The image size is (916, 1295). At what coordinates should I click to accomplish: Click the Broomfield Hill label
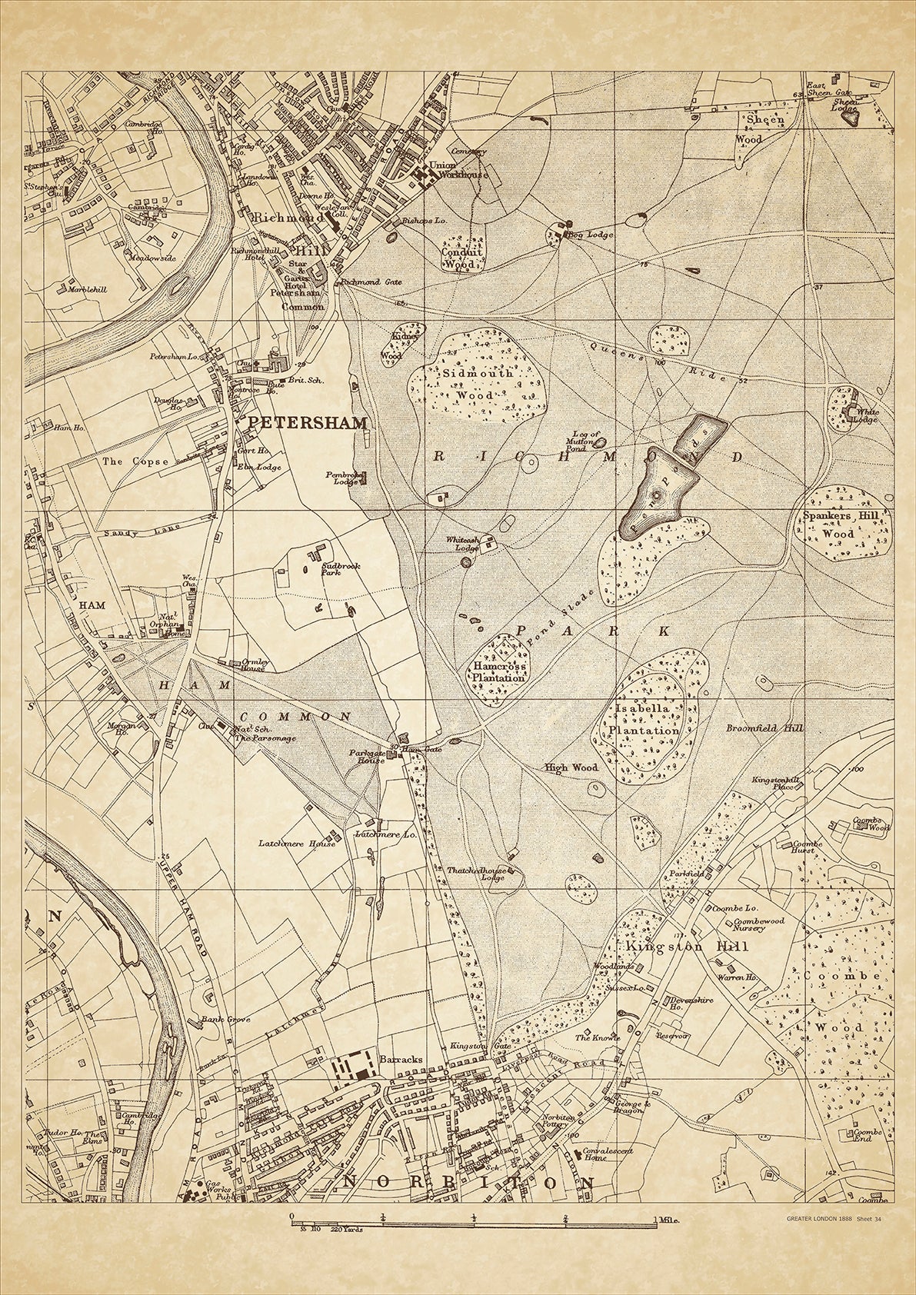point(754,727)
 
